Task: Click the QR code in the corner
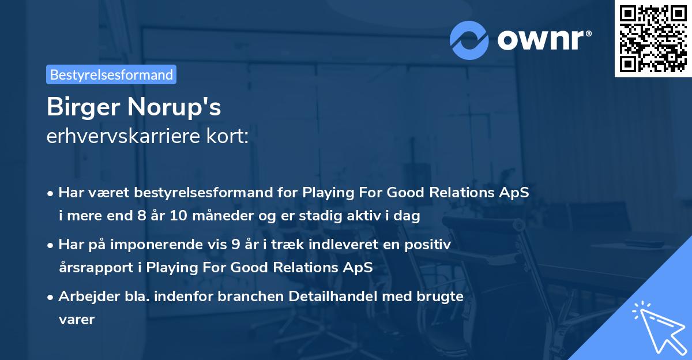(x=653, y=39)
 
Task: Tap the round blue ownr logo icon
(x=469, y=39)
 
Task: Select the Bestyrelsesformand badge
(x=111, y=74)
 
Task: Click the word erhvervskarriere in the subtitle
(x=119, y=137)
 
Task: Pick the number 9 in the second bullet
(x=235, y=245)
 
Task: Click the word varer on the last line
(x=76, y=318)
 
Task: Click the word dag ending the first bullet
(x=408, y=216)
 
